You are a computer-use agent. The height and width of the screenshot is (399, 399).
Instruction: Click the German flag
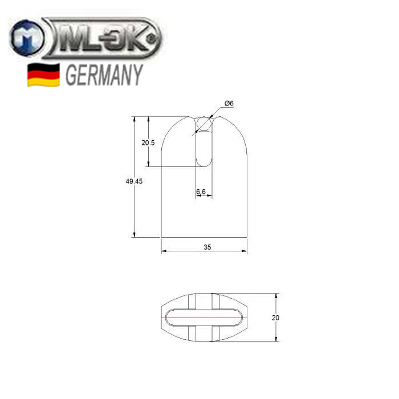[x=43, y=75]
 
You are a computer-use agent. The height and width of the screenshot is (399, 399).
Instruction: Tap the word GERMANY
[x=104, y=75]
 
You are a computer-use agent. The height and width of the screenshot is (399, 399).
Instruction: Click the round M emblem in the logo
[x=26, y=38]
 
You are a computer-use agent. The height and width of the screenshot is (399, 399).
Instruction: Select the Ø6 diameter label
[x=229, y=103]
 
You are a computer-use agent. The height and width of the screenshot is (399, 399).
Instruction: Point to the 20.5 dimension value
[x=148, y=142]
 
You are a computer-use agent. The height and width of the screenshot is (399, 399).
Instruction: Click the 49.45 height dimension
[x=134, y=181]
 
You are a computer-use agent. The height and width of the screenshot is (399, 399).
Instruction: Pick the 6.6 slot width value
[x=201, y=192]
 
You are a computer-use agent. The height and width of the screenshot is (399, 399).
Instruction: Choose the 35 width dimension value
[x=207, y=247]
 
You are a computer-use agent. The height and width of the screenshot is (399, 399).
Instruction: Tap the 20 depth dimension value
[x=275, y=318]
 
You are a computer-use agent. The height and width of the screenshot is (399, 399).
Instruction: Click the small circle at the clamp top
[x=204, y=124]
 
